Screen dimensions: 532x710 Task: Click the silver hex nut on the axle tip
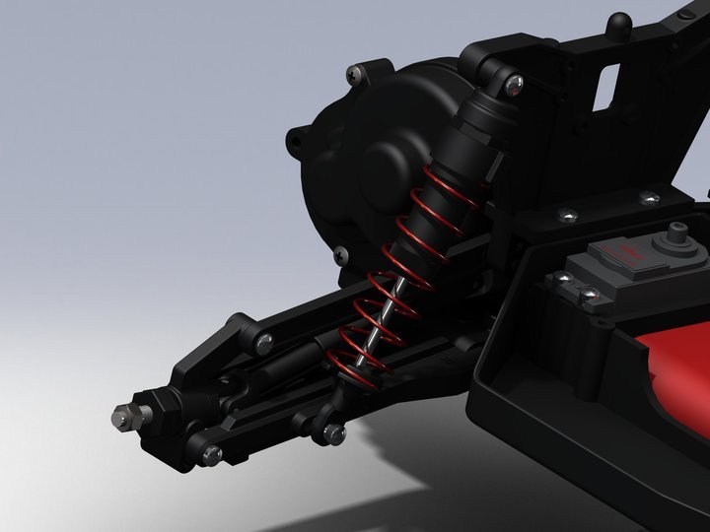119,418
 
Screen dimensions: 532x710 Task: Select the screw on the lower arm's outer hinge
211,454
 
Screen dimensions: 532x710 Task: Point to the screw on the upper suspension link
264,342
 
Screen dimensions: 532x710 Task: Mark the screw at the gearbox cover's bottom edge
340,253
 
